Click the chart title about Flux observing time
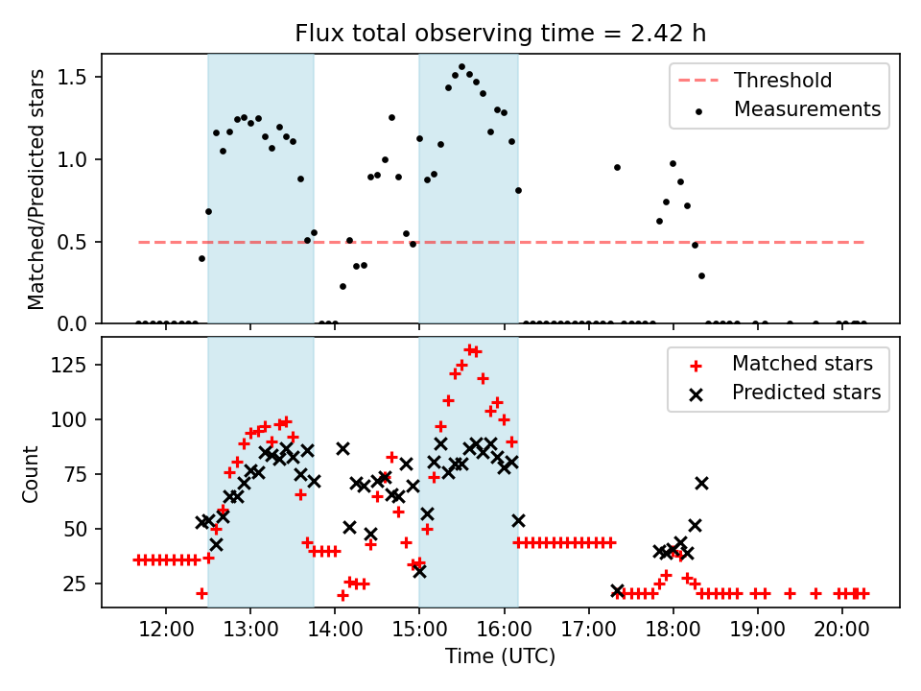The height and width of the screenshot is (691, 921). click(500, 34)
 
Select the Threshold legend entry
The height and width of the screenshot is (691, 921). click(783, 80)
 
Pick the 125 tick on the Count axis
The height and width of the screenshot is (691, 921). click(74, 366)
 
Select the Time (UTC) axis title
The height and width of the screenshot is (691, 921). click(500, 657)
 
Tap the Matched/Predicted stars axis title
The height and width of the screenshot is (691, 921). click(35, 189)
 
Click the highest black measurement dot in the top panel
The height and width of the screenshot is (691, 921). click(461, 67)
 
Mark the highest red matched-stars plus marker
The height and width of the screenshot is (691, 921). click(469, 349)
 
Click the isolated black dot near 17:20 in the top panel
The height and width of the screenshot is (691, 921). click(617, 167)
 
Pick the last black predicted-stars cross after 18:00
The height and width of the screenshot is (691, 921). click(701, 483)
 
